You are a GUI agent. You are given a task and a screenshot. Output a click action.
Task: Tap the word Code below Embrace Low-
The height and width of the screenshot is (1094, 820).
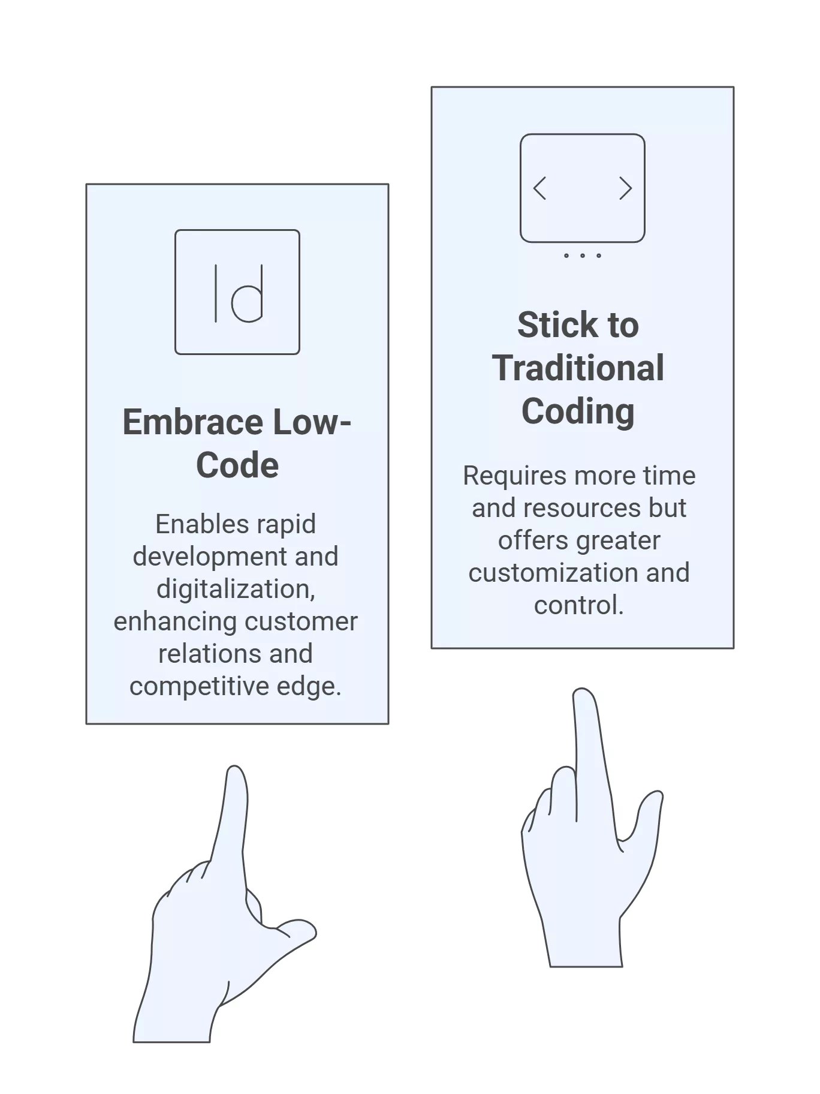[237, 465]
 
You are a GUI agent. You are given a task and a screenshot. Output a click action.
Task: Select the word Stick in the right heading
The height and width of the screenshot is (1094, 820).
[557, 325]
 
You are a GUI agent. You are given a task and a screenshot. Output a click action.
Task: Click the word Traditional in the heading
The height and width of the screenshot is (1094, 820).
[578, 368]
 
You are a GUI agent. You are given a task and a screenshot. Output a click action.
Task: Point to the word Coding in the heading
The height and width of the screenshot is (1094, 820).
[578, 411]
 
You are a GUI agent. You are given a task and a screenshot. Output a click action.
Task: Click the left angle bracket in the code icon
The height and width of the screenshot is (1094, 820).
[539, 188]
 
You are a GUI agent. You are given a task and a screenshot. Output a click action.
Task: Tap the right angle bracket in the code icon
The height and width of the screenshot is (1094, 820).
[626, 188]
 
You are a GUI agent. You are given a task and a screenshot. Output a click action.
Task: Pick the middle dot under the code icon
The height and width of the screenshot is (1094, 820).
[583, 256]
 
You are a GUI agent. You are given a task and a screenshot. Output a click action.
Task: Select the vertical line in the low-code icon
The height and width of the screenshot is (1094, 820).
[216, 293]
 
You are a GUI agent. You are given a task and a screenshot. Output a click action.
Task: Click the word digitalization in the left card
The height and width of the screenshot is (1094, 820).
[235, 589]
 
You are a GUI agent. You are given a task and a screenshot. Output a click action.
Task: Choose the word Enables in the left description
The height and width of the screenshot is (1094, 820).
[189, 524]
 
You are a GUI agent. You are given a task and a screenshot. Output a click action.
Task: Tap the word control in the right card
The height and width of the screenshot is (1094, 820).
[577, 605]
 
